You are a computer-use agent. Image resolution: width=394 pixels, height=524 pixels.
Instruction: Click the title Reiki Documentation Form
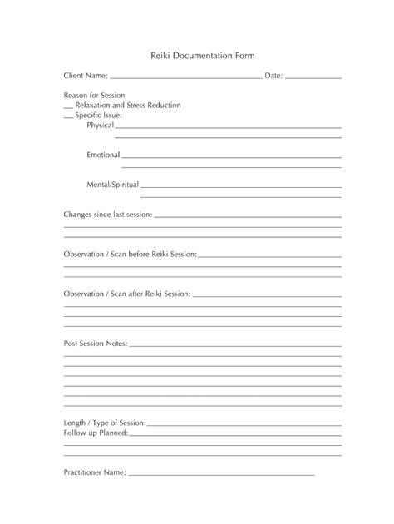[x=196, y=55]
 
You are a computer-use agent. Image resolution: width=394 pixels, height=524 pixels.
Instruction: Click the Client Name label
[x=86, y=76]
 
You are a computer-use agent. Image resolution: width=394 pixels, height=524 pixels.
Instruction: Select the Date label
[x=273, y=76]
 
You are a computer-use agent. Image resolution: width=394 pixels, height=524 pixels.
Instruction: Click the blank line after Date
[x=313, y=78]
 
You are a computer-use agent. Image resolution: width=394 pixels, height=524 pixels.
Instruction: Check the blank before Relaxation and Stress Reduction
[x=68, y=108]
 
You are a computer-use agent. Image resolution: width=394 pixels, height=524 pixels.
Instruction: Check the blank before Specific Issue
[x=68, y=117]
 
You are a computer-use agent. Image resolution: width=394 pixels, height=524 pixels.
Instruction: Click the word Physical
[x=101, y=125]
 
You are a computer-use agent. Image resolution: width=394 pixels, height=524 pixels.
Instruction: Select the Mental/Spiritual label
[x=112, y=184]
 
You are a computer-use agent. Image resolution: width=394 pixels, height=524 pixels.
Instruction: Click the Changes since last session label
[x=107, y=215]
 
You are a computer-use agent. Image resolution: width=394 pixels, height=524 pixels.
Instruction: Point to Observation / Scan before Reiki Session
[x=130, y=254]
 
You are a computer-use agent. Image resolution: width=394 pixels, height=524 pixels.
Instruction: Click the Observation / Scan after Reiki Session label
[x=127, y=294]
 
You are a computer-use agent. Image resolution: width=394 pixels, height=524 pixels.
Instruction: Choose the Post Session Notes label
[x=96, y=343]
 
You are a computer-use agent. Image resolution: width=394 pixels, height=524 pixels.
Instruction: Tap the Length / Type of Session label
[x=105, y=423]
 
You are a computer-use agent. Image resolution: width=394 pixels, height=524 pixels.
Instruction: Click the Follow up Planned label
[x=96, y=433]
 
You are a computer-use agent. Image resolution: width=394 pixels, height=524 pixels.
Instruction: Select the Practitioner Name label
[x=95, y=472]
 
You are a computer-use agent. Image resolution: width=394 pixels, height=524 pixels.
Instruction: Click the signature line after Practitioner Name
[x=221, y=475]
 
